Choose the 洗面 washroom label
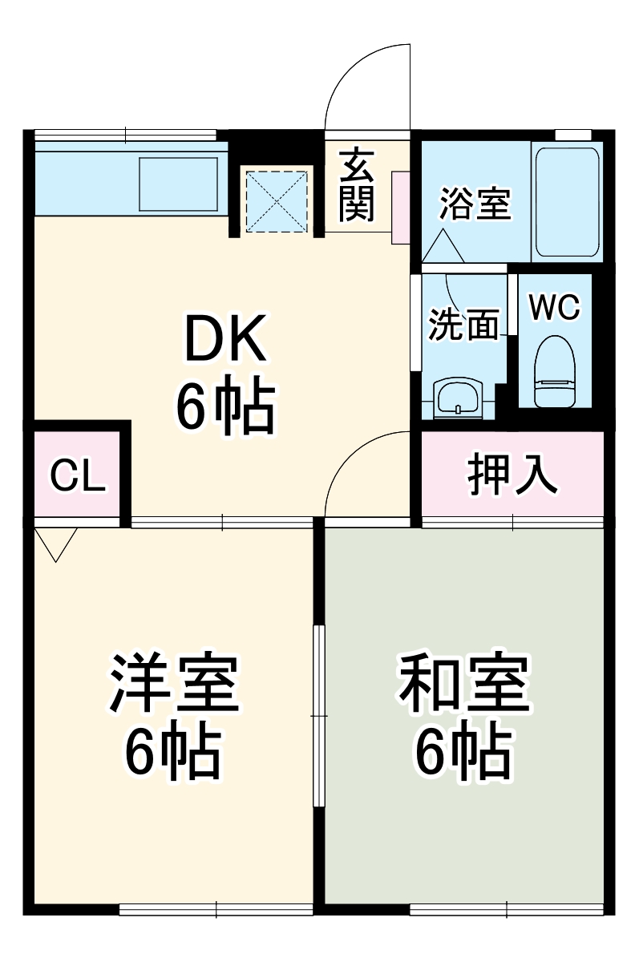click(463, 325)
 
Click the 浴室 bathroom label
click(475, 204)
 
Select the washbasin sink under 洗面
click(457, 397)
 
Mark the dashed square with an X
click(277, 200)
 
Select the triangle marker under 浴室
click(442, 245)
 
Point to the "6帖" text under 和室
click(463, 753)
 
